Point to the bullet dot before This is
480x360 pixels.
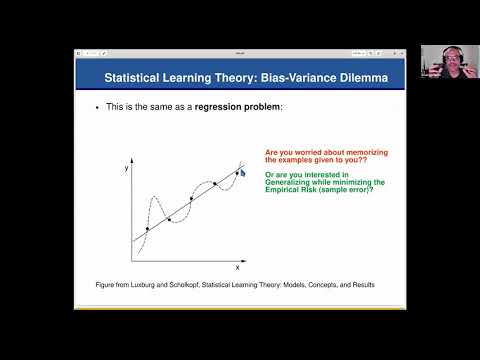coord(95,106)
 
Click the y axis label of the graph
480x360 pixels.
coord(127,170)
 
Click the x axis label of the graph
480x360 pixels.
coord(237,267)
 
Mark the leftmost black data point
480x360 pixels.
coord(148,229)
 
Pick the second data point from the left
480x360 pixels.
coord(169,219)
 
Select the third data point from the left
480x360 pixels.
coord(191,199)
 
